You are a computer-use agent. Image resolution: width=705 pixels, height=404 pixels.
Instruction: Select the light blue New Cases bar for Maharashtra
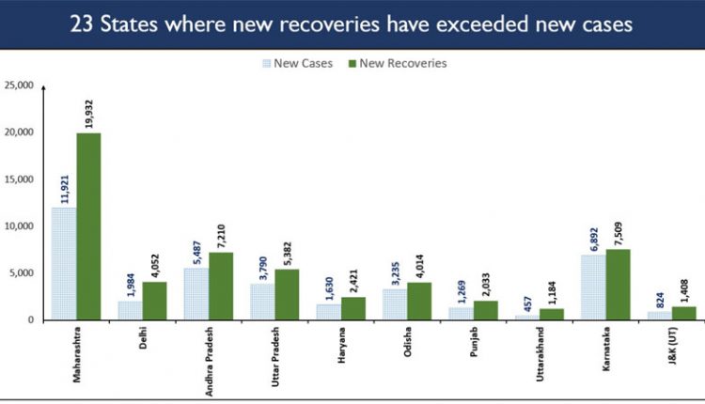point(64,264)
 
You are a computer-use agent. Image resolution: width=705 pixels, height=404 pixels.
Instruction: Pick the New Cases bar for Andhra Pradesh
point(196,294)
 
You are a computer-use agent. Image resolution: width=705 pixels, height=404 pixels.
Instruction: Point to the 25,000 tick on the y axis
point(19,85)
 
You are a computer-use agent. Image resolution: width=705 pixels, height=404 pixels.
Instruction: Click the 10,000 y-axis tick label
point(19,226)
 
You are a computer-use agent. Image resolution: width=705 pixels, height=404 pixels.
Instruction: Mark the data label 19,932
point(90,111)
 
